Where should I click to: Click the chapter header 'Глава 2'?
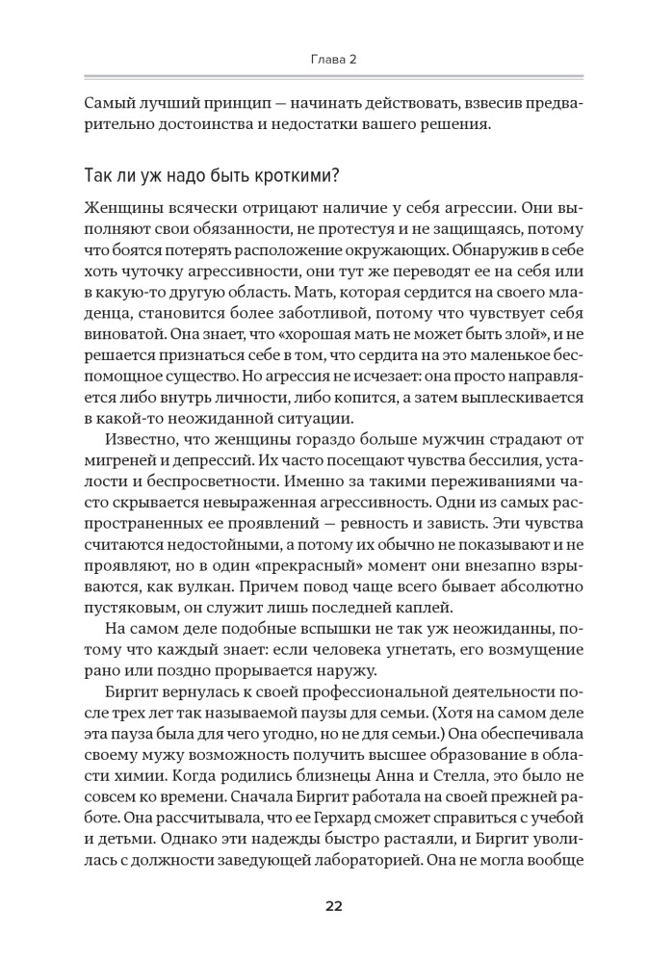coord(323,60)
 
